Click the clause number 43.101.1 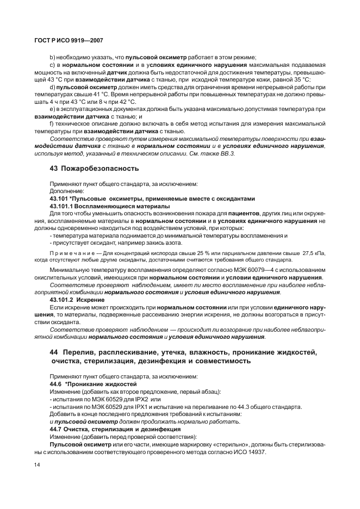[x=61, y=206]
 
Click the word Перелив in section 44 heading [x=81, y=353]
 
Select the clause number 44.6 [x=57, y=383]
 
